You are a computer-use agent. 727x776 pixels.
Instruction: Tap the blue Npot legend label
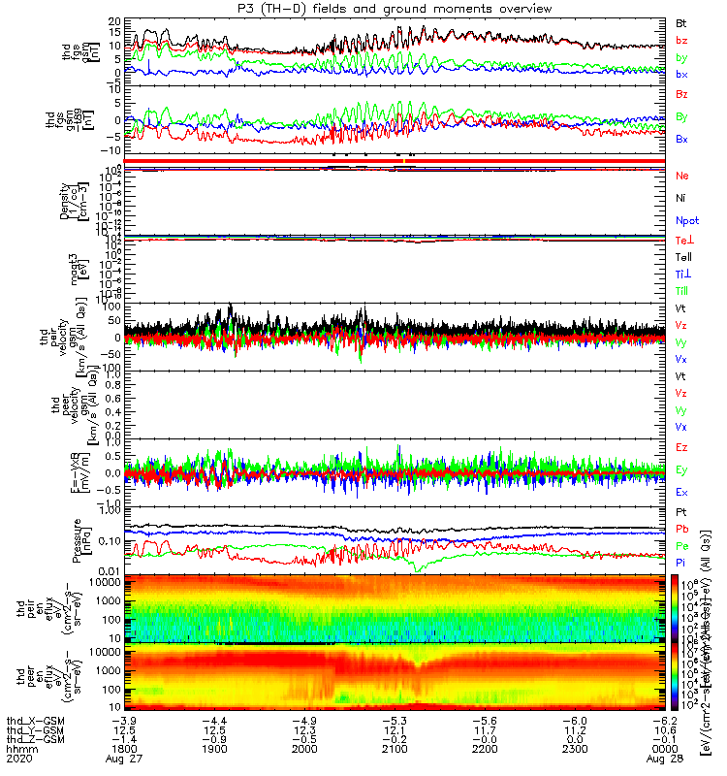[685, 221]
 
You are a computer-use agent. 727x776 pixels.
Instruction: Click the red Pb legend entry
[681, 532]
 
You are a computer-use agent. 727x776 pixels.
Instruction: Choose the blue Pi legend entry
[680, 563]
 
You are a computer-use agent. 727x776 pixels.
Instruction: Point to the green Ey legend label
[681, 469]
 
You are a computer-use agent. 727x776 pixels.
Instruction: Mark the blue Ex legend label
[681, 493]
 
